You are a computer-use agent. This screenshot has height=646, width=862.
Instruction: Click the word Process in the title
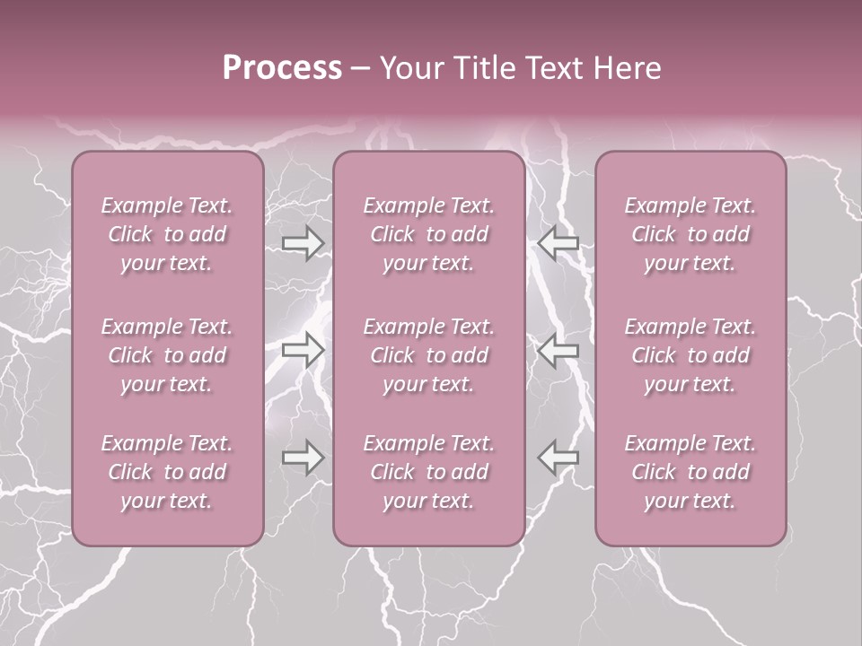pyautogui.click(x=282, y=68)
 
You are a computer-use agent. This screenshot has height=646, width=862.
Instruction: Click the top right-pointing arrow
pyautogui.click(x=303, y=242)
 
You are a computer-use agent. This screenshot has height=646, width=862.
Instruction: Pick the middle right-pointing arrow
pyautogui.click(x=303, y=350)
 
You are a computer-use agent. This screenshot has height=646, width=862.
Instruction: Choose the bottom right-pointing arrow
pyautogui.click(x=303, y=458)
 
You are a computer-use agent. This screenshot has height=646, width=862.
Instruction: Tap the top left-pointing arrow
pyautogui.click(x=558, y=242)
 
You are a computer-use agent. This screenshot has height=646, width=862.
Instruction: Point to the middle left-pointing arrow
pyautogui.click(x=558, y=350)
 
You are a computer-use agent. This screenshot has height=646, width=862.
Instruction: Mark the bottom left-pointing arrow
pyautogui.click(x=558, y=458)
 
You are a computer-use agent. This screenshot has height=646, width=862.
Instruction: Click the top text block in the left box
pyautogui.click(x=167, y=234)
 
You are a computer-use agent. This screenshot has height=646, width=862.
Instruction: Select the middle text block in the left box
pyautogui.click(x=167, y=355)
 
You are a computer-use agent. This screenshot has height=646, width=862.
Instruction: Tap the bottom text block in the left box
pyautogui.click(x=167, y=472)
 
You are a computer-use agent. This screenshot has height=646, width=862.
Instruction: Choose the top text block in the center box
pyautogui.click(x=429, y=234)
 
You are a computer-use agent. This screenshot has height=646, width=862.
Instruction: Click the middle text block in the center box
pyautogui.click(x=429, y=355)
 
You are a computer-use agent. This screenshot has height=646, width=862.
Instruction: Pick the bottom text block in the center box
pyautogui.click(x=429, y=472)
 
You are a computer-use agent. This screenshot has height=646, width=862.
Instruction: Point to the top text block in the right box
pyautogui.click(x=690, y=234)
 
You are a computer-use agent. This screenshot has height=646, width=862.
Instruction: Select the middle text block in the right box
pyautogui.click(x=690, y=355)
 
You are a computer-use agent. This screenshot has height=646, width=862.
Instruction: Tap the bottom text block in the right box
pyautogui.click(x=690, y=472)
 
